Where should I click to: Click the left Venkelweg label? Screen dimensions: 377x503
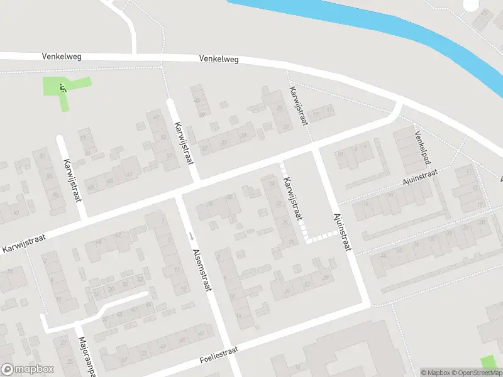click(62, 57)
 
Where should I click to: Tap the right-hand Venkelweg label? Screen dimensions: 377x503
click(219, 58)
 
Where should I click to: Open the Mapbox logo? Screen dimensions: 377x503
click(28, 369)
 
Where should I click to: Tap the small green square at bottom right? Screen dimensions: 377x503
click(488, 363)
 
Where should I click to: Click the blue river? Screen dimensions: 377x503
click(402, 31)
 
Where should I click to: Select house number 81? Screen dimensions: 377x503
click(43, 156)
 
